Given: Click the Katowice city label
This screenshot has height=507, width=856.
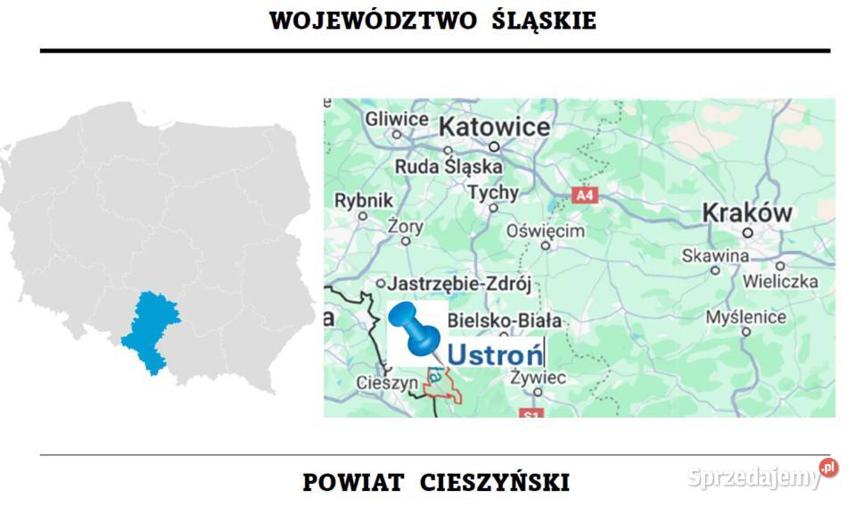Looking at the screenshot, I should [495, 127].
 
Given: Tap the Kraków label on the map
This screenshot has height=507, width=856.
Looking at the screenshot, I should [746, 212].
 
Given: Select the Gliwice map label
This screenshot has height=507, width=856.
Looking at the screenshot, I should [397, 119].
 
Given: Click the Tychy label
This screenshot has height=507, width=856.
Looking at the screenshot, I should [493, 193].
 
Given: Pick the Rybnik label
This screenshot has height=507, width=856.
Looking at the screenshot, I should [364, 201].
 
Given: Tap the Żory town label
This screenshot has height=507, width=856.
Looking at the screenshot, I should [406, 226].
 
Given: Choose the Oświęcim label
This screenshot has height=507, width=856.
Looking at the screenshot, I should [546, 231].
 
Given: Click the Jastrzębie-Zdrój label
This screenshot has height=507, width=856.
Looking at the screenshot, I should [460, 285].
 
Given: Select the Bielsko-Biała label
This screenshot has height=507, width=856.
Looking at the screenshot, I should [504, 320].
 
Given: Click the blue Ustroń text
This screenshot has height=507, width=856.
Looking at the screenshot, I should [495, 354].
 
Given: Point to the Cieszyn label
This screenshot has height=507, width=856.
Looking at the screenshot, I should [387, 383].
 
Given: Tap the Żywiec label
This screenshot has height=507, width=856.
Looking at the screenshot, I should [538, 378].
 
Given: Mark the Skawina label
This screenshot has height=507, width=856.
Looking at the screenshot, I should [715, 256].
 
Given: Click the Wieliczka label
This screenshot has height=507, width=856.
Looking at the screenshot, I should [780, 281].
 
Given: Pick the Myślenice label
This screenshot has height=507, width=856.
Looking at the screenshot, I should [745, 317].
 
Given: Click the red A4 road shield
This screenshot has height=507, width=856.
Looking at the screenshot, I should [584, 195].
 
